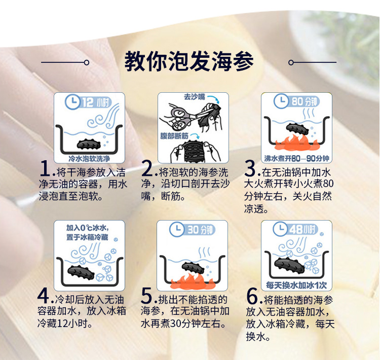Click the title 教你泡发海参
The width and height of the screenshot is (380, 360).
(189, 61)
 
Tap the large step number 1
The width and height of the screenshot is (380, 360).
(45, 168)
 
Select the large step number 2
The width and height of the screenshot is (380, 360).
(147, 168)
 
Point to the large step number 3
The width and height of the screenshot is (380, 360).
(250, 168)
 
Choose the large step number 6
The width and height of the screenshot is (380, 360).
(252, 296)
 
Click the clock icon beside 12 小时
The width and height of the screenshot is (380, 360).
(72, 102)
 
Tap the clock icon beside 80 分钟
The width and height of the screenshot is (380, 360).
(281, 101)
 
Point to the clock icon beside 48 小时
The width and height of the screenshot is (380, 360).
(280, 229)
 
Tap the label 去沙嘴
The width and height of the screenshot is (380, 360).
(195, 97)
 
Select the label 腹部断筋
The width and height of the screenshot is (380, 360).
(174, 135)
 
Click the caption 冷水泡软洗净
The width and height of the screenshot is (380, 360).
(89, 159)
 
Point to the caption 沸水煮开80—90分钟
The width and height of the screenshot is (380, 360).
(296, 159)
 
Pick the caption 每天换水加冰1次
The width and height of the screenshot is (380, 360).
(296, 285)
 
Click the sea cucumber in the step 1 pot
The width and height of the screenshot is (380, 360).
(89, 145)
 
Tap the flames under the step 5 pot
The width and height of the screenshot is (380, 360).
(193, 281)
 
